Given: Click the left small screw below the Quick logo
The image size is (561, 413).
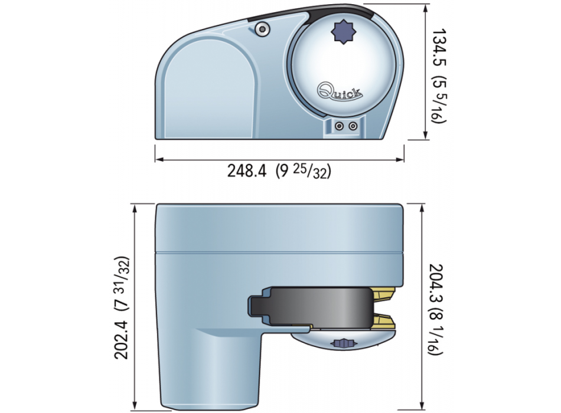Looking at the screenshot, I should click(339, 126).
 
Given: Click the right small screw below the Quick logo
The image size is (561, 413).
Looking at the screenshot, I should click(353, 126).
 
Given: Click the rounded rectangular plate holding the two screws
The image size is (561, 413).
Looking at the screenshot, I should click(345, 126).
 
